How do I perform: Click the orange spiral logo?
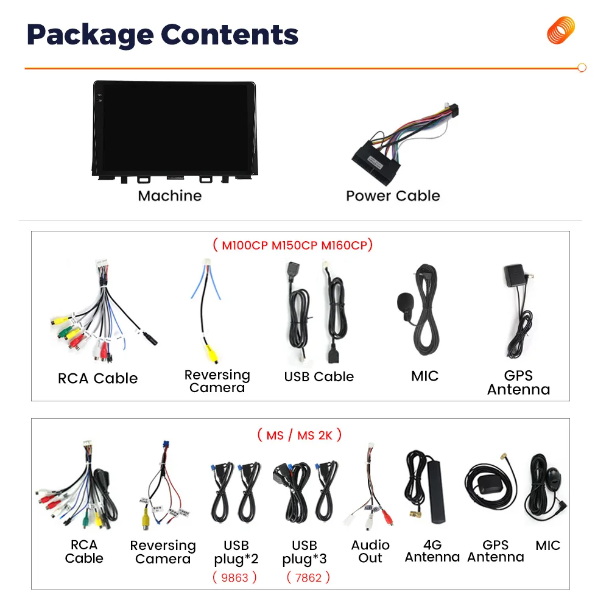pyautogui.click(x=561, y=30)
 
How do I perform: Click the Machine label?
pyautogui.click(x=169, y=195)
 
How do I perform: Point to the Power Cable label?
pyautogui.click(x=393, y=195)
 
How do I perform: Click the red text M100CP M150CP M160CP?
pyautogui.click(x=292, y=245)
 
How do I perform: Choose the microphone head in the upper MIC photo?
pyautogui.click(x=404, y=301)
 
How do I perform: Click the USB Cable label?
pyautogui.click(x=319, y=376)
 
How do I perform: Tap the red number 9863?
pyautogui.click(x=235, y=577)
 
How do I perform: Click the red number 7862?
pyautogui.click(x=308, y=577)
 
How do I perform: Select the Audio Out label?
pyautogui.click(x=370, y=551)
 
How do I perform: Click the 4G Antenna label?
pyautogui.click(x=432, y=551)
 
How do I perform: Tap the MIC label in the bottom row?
pyautogui.click(x=547, y=546)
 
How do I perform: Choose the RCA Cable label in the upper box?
pyautogui.click(x=98, y=378)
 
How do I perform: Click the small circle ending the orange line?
pyautogui.click(x=582, y=68)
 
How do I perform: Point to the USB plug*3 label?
pyautogui.click(x=304, y=552)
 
